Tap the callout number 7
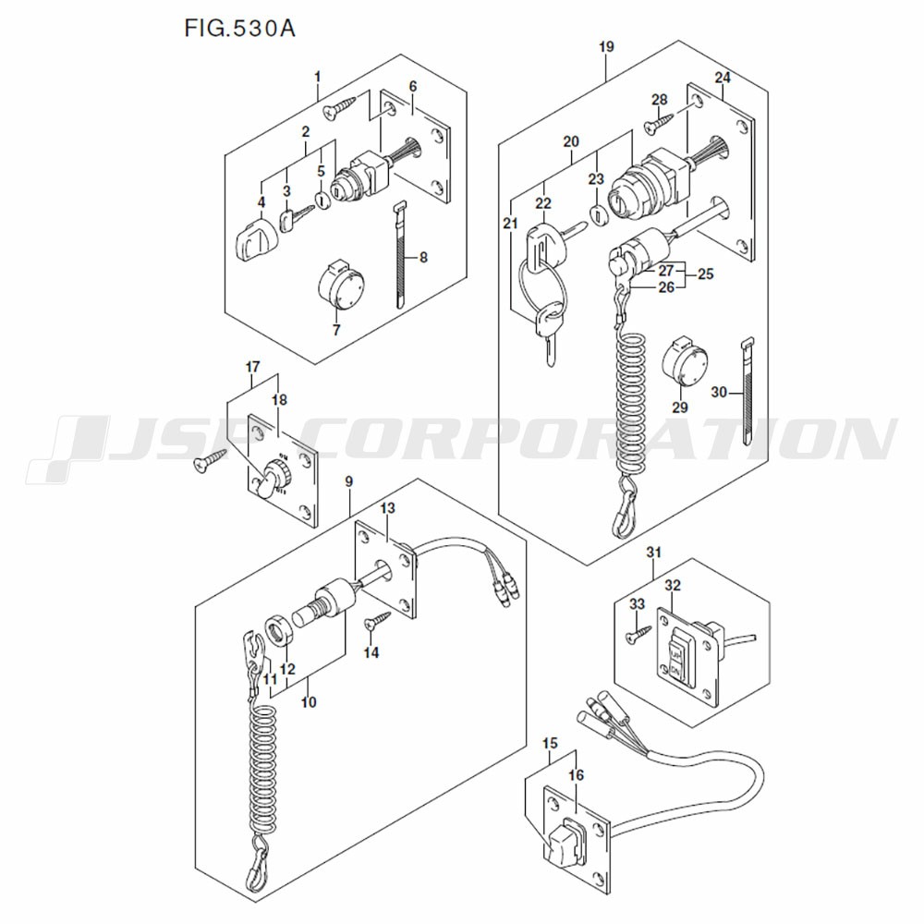(x=336, y=329)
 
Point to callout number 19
(x=605, y=46)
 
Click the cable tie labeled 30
(x=747, y=393)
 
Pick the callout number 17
(x=251, y=368)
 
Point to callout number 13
(x=387, y=509)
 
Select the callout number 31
(x=654, y=553)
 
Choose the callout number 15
(x=550, y=743)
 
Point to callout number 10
(x=309, y=702)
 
